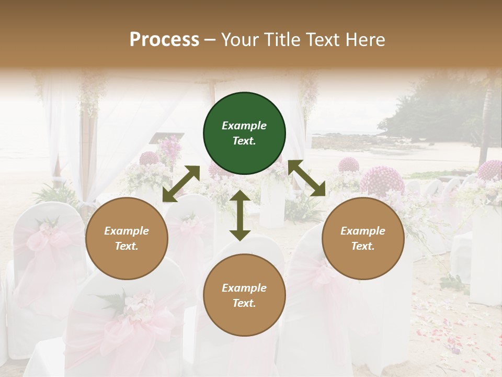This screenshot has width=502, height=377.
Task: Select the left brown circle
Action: pyautogui.click(x=127, y=238)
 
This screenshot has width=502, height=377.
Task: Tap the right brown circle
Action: pyautogui.click(x=363, y=238)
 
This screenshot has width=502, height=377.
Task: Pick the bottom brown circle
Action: pyautogui.click(x=244, y=295)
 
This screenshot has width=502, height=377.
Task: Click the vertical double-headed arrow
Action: pyautogui.click(x=240, y=215)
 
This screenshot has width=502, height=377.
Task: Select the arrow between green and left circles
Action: pyautogui.click(x=181, y=184)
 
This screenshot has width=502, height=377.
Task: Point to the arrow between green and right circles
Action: pyautogui.click(x=307, y=178)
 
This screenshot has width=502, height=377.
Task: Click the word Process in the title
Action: pyautogui.click(x=164, y=39)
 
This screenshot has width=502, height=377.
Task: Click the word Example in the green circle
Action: pyautogui.click(x=244, y=126)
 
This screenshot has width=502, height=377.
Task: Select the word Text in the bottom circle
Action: pyautogui.click(x=243, y=303)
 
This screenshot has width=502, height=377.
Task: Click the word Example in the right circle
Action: pyautogui.click(x=363, y=231)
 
